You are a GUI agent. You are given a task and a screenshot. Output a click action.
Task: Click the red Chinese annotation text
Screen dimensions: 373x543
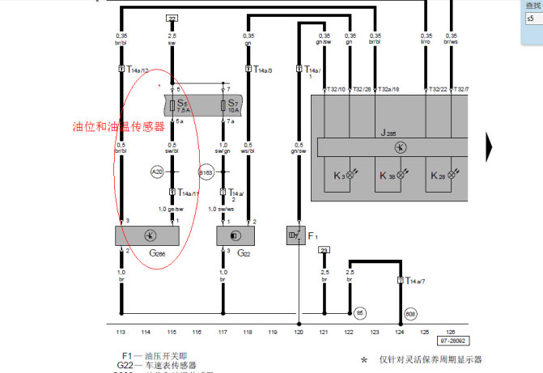[x=118, y=126]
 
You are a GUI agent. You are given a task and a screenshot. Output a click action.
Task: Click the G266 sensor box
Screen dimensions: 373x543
[x=147, y=235]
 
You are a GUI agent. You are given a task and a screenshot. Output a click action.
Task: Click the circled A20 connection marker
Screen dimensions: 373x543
[x=157, y=172]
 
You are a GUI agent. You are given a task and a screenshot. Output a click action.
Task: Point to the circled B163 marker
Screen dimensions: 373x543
[x=206, y=172]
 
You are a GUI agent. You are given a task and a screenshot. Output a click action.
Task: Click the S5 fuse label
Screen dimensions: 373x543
[x=183, y=104]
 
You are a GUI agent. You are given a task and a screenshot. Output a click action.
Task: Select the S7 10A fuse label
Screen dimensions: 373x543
[x=232, y=105]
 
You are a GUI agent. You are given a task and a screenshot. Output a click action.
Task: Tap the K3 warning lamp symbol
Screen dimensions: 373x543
[x=350, y=175]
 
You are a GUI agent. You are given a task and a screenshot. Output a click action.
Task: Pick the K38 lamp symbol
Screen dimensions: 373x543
[x=401, y=175]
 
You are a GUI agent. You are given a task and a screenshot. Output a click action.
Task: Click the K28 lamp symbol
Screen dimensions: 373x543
[x=452, y=175]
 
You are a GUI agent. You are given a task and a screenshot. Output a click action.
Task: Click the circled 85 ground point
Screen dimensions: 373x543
[x=360, y=312]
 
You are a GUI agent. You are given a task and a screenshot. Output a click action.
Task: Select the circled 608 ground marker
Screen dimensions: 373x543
[x=410, y=312]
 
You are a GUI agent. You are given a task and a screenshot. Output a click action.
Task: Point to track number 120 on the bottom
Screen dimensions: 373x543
[x=299, y=333]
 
